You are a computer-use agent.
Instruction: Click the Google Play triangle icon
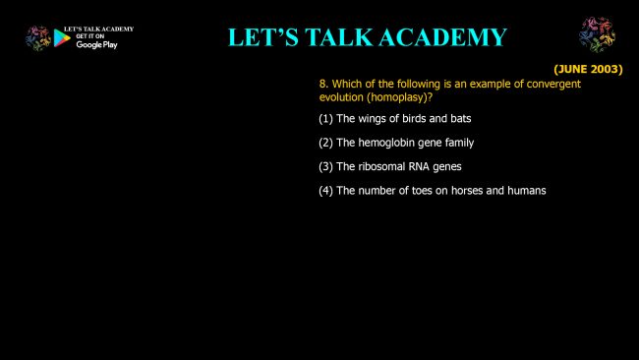tap(62, 38)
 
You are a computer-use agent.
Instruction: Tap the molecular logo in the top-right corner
tap(597, 34)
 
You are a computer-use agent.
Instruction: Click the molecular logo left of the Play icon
tap(38, 38)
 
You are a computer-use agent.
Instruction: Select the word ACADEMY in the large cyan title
tap(442, 37)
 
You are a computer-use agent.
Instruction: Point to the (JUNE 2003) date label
tap(588, 69)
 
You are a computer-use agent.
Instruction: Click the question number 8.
tap(323, 84)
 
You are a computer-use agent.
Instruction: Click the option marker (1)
tap(325, 119)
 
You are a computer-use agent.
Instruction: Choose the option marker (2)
tap(325, 143)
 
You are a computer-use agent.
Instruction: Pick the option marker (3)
tap(325, 167)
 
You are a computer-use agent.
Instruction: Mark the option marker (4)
tap(325, 191)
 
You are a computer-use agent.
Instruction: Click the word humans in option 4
tap(527, 191)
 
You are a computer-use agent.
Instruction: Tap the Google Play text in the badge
tap(96, 45)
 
